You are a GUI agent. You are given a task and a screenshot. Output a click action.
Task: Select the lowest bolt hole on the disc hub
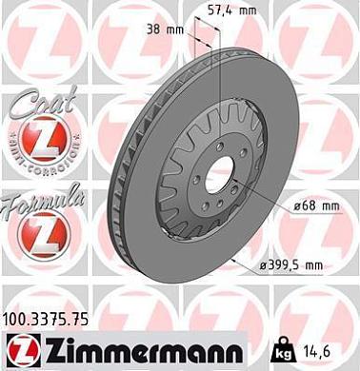pyautogui.click(x=215, y=211)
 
